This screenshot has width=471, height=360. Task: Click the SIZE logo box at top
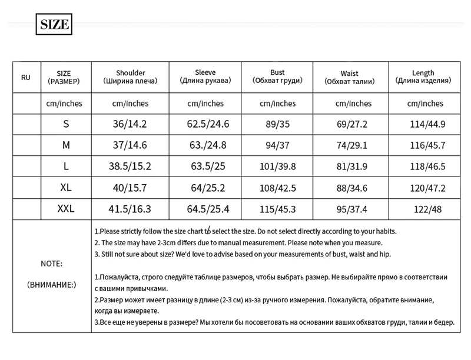(54, 25)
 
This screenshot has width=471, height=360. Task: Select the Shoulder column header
(130, 76)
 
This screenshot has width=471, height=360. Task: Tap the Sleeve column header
(205, 76)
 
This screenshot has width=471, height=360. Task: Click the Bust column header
(277, 76)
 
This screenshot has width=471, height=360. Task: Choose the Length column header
(424, 76)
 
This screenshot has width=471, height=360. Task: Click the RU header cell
(26, 77)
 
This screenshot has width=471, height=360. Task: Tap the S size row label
(65, 124)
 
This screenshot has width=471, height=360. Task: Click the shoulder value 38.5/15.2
(130, 166)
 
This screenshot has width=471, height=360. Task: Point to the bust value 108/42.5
(277, 188)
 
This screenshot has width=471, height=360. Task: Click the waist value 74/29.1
(351, 145)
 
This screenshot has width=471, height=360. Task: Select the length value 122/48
(427, 209)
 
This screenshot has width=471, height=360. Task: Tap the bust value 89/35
(277, 124)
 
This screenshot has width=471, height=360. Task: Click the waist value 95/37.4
(351, 209)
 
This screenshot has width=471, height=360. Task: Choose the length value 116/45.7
(427, 145)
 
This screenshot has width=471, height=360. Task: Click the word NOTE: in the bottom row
(51, 264)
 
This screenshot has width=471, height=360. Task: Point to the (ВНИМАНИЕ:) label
(52, 285)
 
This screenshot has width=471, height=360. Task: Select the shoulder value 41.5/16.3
(130, 209)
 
